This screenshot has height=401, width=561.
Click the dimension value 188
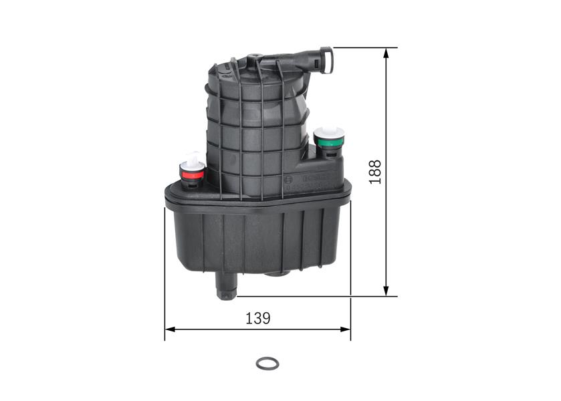click(375, 172)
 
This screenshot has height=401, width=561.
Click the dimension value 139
click(257, 318)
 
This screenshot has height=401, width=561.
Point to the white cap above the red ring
click(193, 160)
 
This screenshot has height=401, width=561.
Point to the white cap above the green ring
click(328, 130)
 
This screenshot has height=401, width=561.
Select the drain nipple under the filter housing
click(225, 285)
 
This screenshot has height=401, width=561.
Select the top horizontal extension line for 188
click(364, 48)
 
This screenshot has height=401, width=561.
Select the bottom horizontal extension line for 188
click(314, 296)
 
